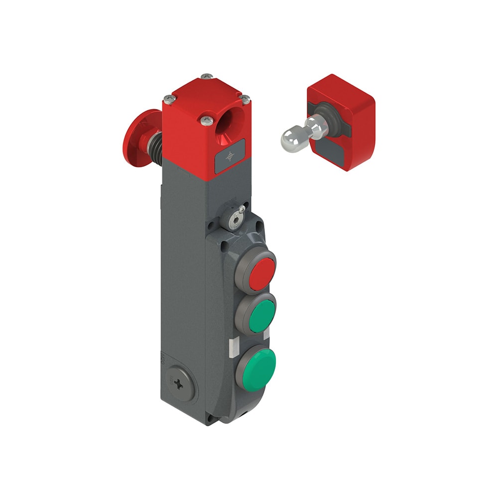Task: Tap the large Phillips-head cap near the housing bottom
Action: click(179, 384)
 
